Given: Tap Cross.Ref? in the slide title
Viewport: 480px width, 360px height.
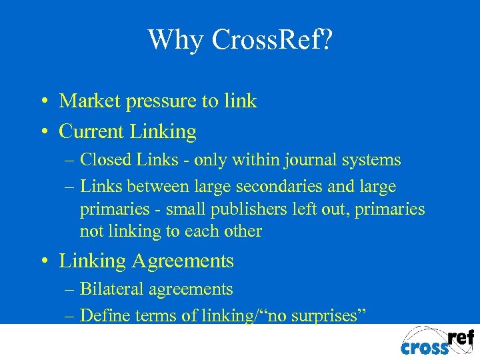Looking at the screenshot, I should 272,39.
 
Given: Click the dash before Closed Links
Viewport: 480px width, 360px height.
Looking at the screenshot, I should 71,161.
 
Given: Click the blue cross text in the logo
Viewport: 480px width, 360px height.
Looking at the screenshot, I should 425,347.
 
